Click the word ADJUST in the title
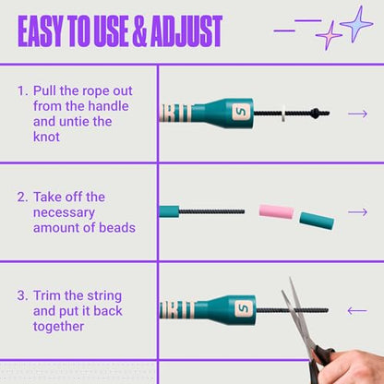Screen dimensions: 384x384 [x=186, y=30]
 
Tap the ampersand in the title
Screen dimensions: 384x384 [x=139, y=31]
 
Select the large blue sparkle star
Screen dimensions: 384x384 [x=356, y=23]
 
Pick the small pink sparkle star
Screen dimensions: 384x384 [x=329, y=35]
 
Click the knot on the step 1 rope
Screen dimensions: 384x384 [x=314, y=114]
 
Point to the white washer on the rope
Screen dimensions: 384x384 [x=283, y=114]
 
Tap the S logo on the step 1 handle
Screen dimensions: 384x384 [x=241, y=113]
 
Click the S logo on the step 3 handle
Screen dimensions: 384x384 [x=245, y=309]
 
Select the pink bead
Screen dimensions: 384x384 [x=276, y=211]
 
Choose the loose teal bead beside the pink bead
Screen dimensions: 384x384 [x=317, y=221]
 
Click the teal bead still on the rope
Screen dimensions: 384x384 [x=169, y=211]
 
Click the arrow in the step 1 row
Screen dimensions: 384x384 [x=357, y=114]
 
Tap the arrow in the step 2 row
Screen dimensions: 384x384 [x=357, y=212]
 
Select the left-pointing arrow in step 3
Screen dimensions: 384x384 [x=357, y=311]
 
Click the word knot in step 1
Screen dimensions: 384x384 [x=46, y=137]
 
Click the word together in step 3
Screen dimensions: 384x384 [x=58, y=327]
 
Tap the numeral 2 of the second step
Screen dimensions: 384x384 [x=22, y=198]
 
